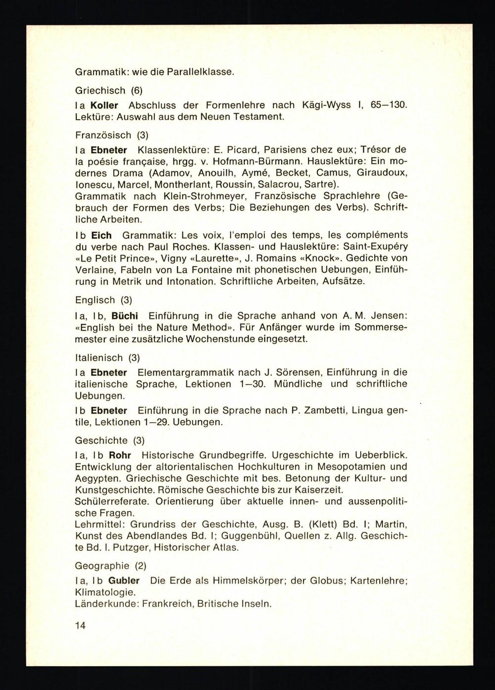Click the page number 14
point(80,625)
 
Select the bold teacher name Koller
point(104,105)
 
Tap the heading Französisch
point(103,135)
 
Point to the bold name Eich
point(101,235)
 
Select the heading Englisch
point(95,300)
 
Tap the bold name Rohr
point(120,454)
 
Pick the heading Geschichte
point(101,440)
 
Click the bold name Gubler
point(124,581)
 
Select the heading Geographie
point(102,565)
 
